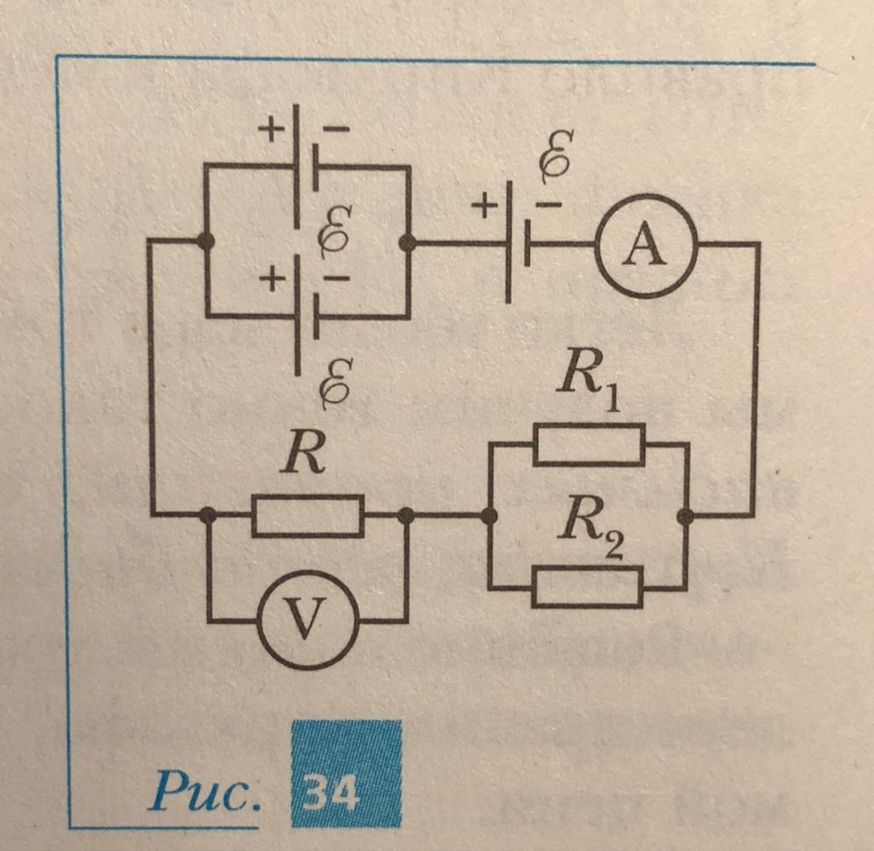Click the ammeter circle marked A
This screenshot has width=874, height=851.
click(647, 245)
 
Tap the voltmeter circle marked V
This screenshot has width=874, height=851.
click(307, 620)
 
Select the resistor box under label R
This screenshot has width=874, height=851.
click(308, 515)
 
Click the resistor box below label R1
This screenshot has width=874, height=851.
click(589, 445)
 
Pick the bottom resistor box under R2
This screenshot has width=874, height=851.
click(588, 587)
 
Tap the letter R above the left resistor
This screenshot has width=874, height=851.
click(304, 456)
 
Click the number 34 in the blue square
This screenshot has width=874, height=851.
click(332, 793)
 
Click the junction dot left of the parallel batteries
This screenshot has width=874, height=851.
click(207, 241)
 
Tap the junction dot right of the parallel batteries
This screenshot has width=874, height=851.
click(408, 243)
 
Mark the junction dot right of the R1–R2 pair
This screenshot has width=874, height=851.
click(685, 516)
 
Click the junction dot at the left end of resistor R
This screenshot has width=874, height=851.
click(208, 515)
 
